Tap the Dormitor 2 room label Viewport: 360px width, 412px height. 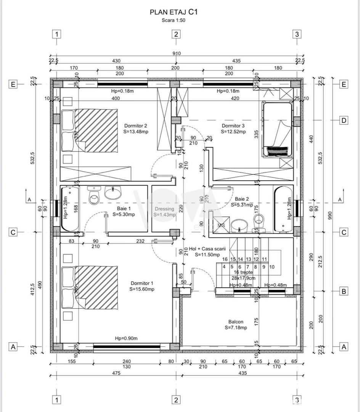click(x=135, y=128)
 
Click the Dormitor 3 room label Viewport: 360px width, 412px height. click(x=233, y=128)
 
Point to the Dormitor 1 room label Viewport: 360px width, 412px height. click(x=142, y=286)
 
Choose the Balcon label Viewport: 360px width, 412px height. click(x=236, y=324)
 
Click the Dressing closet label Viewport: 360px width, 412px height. click(x=164, y=212)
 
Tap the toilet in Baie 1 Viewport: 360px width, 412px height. click(x=93, y=196)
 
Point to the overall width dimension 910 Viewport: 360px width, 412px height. click(x=176, y=53)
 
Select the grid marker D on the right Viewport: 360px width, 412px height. click(x=344, y=121)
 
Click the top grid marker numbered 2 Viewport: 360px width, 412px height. click(x=176, y=34)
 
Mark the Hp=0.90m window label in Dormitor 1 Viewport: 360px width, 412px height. click(x=126, y=338)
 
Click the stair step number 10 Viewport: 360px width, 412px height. click(x=272, y=267)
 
